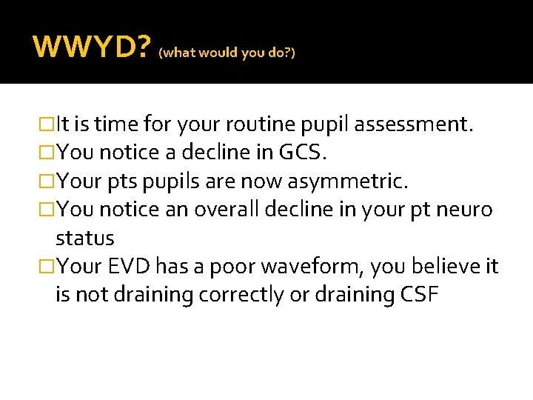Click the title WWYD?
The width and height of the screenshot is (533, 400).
92,48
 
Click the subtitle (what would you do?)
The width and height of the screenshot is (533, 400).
227,53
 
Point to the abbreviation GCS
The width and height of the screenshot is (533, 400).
302,153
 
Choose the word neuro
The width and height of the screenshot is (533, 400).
465,210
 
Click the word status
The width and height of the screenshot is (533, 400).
84,239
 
